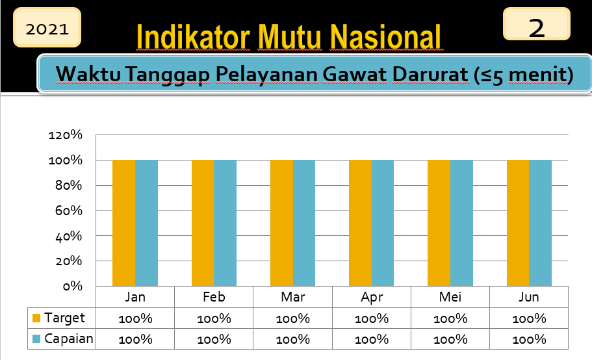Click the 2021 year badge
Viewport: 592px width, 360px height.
(47, 27)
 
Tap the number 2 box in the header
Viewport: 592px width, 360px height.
(537, 24)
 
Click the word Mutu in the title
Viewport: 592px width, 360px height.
(289, 37)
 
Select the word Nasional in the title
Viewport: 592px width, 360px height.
(385, 37)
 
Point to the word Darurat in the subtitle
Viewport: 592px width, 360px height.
(430, 74)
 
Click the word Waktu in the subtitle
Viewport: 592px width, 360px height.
(88, 74)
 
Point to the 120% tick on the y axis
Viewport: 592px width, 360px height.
(66, 135)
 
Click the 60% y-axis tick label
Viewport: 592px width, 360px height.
(69, 210)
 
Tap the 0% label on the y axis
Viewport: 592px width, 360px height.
(73, 286)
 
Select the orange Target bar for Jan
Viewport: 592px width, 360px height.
(124, 223)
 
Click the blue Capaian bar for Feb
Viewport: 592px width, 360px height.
(225, 223)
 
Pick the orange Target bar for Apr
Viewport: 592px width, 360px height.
(360, 223)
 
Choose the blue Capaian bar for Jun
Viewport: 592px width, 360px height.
(540, 223)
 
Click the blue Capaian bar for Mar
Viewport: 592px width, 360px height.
(304, 223)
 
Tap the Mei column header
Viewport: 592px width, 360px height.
(450, 297)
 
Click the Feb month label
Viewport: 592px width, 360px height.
(214, 297)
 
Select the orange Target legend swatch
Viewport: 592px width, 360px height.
(36, 318)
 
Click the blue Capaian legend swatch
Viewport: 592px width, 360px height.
(36, 339)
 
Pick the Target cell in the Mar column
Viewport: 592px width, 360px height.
(292, 318)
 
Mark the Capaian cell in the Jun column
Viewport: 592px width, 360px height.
(529, 339)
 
